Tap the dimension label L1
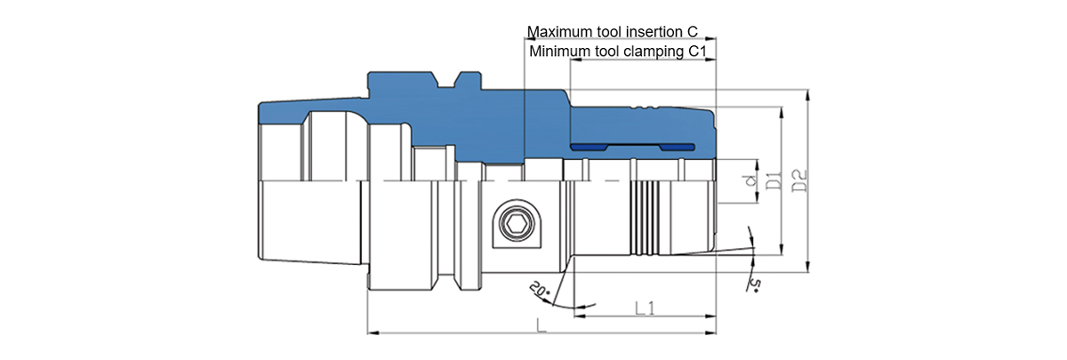(x=646, y=308)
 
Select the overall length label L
(x=542, y=326)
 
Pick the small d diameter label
(x=749, y=181)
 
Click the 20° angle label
(x=539, y=290)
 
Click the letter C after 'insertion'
(x=703, y=32)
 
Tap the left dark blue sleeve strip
(x=589, y=146)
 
